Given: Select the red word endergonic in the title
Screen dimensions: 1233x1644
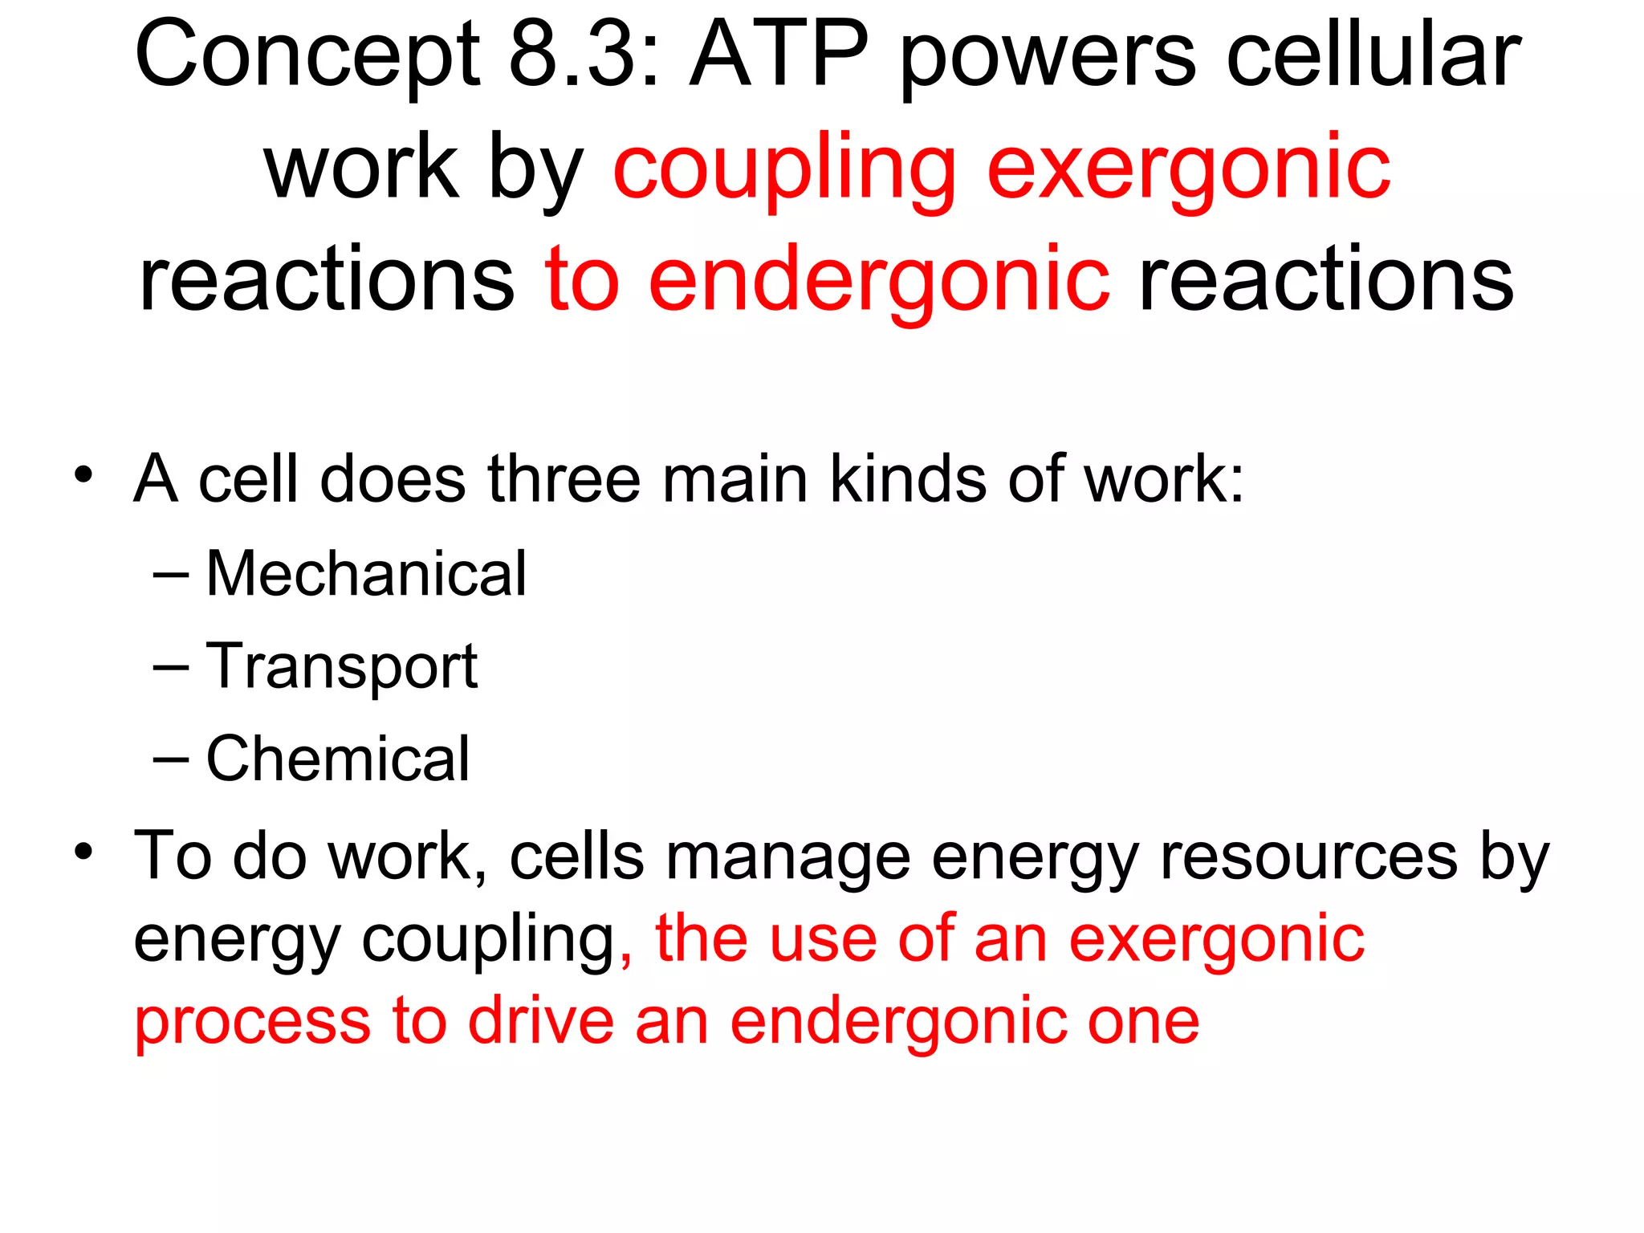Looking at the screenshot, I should pos(879,281).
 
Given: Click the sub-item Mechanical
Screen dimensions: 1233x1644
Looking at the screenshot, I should pos(366,574).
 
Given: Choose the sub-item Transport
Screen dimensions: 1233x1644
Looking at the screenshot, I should pos(342,668).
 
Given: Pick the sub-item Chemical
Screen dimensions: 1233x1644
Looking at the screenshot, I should pos(337,759).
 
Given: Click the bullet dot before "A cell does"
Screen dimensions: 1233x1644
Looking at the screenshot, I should pos(83,474).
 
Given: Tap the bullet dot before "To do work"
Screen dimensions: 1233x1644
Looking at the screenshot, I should pos(83,850).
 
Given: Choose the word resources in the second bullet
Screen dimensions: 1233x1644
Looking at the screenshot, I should pos(1309,857).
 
